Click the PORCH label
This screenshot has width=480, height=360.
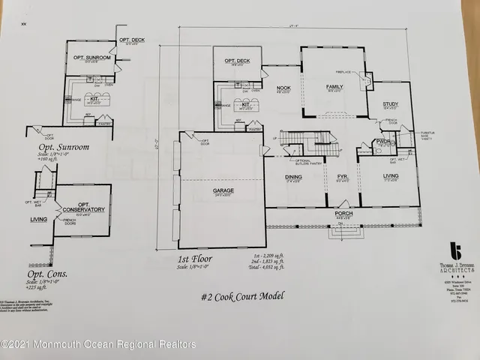point(344,213)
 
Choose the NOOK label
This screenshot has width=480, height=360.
point(283,88)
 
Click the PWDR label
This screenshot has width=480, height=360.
point(384,142)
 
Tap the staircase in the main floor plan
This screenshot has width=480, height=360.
point(308,139)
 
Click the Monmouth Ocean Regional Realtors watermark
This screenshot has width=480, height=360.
point(98,344)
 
